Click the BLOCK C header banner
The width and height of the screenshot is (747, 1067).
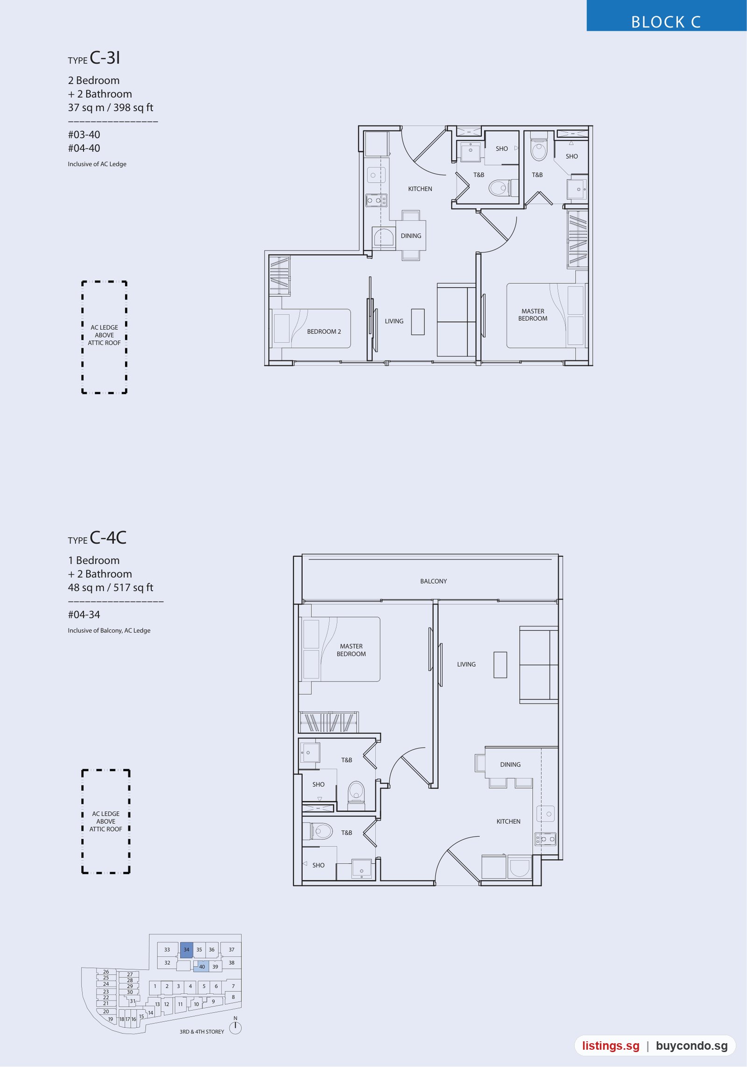pos(666,15)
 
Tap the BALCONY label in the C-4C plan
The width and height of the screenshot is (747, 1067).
pos(433,581)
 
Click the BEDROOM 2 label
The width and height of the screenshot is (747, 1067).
pos(324,332)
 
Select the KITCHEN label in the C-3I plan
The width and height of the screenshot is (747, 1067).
pos(420,189)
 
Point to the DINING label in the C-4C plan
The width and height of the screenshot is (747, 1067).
pos(510,764)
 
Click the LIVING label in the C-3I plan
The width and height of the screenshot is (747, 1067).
pos(394,321)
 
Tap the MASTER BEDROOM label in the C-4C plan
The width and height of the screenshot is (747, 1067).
pos(351,650)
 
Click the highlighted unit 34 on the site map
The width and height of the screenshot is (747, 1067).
pos(187,949)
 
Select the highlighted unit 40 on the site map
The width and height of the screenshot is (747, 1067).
pos(202,966)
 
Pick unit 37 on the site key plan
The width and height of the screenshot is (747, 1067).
pos(232,949)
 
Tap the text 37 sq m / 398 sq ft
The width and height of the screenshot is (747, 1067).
pos(111,108)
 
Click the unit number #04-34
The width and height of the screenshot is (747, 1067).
pos(84,615)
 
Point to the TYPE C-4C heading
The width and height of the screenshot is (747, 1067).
pos(97,538)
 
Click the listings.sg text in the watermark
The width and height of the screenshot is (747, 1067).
pos(611,1046)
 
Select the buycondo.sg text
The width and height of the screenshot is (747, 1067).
pos(692,1046)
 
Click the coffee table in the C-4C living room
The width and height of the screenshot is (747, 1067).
pos(500,664)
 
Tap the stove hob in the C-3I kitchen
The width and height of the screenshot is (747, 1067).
pos(376,200)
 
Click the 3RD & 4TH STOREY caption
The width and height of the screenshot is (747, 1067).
pos(202,1032)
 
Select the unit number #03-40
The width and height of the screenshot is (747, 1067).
pos(84,134)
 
